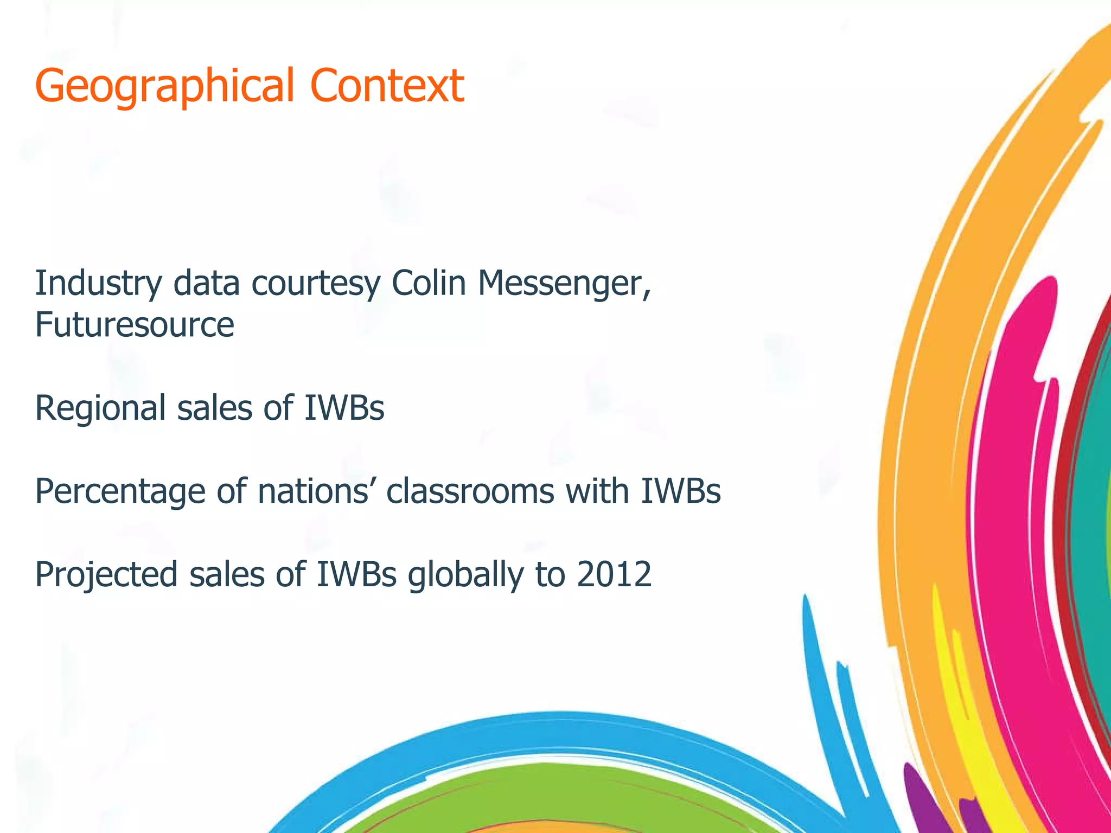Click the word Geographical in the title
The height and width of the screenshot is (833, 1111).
pos(164,86)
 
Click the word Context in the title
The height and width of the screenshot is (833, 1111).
pos(387,86)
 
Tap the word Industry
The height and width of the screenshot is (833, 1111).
pos(98,284)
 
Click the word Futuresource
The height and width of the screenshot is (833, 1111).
pos(135,325)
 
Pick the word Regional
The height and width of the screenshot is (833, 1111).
pos(100,408)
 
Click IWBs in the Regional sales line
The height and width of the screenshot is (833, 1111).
pos(344,408)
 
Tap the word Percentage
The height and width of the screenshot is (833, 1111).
pos(120,491)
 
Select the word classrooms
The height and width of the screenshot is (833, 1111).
pos(470,491)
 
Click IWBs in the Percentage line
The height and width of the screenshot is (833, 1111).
pos(680,491)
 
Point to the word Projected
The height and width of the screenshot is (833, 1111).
pos(106,574)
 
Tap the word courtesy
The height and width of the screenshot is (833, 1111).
pos(315,284)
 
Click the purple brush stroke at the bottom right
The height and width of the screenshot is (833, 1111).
pos(922,803)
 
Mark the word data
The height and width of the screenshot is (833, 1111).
pos(206,284)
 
